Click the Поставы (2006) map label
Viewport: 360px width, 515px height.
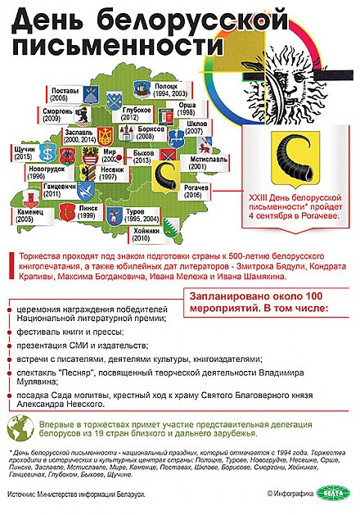tap(64, 93)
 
